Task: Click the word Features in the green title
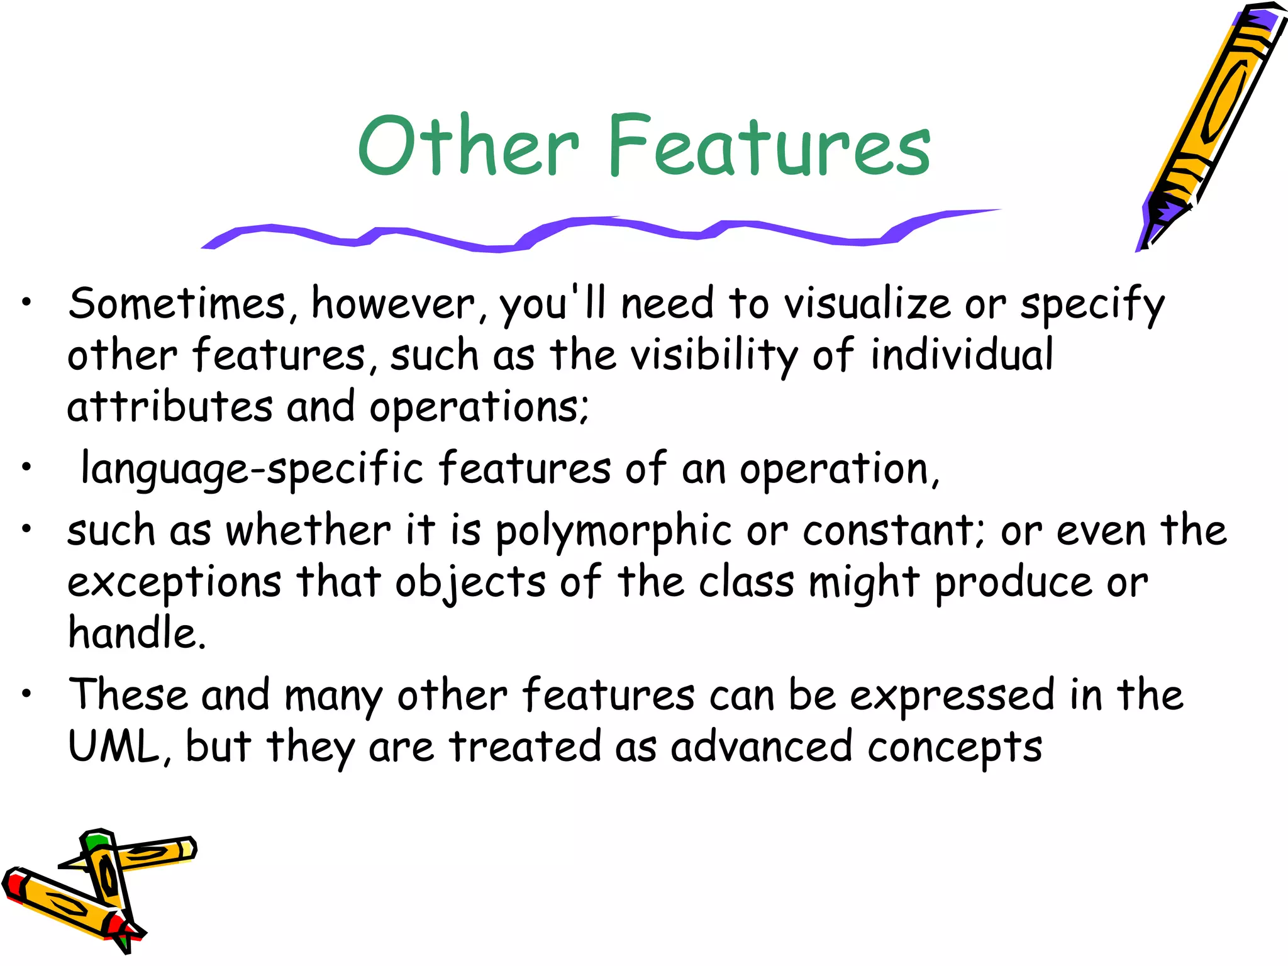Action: tap(769, 146)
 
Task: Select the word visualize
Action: tap(868, 304)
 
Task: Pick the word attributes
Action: tap(170, 407)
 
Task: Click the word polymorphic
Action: tap(613, 531)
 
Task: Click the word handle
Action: tap(136, 633)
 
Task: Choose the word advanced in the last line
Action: tap(761, 747)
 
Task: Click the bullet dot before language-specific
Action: tap(26, 468)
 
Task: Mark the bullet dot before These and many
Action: tap(26, 694)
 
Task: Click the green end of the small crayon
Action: tap(96, 841)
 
